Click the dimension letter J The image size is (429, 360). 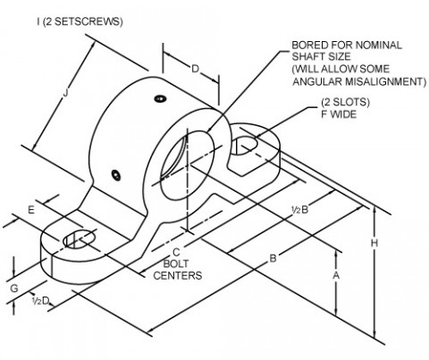(x=66, y=93)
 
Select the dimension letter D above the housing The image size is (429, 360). (x=195, y=69)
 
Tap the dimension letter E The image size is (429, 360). (x=31, y=210)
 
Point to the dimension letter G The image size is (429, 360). (x=14, y=289)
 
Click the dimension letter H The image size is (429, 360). (x=374, y=243)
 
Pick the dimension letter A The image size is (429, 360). (x=336, y=276)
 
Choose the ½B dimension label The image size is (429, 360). (x=299, y=210)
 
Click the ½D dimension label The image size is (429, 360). (x=40, y=301)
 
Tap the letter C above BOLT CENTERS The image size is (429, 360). (x=176, y=252)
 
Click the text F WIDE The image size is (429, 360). (x=339, y=114)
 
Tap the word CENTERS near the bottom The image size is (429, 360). (x=178, y=275)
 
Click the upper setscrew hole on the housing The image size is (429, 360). (x=160, y=98)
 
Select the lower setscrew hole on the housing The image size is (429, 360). (x=116, y=175)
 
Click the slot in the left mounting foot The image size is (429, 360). (x=80, y=239)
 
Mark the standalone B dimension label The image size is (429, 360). (x=273, y=258)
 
